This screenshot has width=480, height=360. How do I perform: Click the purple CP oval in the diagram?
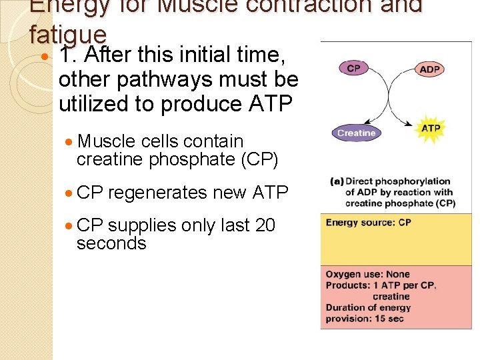tap(353, 67)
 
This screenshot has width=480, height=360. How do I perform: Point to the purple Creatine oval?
tap(356, 133)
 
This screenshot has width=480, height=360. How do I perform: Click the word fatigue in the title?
tap(67, 33)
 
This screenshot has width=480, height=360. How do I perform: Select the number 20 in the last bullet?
tap(265, 225)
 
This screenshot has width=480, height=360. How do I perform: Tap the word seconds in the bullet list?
tap(111, 243)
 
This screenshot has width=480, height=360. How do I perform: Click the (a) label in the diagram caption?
tap(337, 181)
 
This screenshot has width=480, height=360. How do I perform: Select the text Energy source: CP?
tap(368, 223)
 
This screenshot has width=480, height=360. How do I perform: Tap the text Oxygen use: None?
tap(367, 274)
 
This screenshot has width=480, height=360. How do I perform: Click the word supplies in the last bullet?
tap(142, 225)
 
